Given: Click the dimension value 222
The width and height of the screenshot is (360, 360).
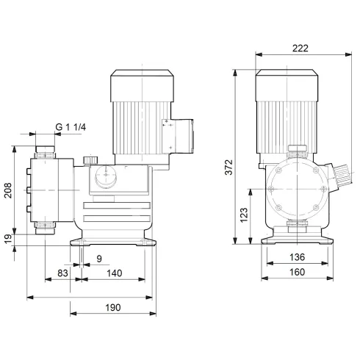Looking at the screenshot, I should pos(299,48).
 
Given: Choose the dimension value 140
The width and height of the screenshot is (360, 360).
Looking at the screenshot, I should pos(114,274).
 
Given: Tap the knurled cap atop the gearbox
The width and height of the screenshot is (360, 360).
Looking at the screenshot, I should pos(90,159).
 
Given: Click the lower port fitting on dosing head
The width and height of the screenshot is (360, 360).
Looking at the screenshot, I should pos(46,228).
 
